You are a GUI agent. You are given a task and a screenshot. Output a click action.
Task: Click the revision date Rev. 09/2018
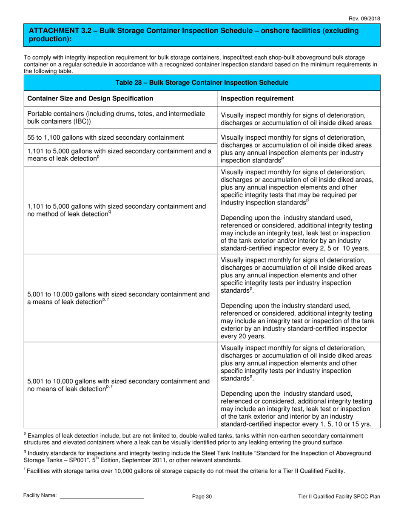pos(364,18)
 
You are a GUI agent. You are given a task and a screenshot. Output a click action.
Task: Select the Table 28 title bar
pos(202,83)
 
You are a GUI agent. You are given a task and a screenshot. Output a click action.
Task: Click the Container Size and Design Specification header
pos(90,98)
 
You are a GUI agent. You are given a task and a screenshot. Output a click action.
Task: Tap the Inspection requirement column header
pos(257,98)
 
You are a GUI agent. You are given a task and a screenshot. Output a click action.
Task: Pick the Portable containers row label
pos(116,117)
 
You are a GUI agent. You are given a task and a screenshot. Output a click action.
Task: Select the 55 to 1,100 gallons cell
pos(105,137)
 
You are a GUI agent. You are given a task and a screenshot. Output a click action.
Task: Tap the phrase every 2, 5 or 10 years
pos(339,248)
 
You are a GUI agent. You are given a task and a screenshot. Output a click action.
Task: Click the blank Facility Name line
pos(102,496)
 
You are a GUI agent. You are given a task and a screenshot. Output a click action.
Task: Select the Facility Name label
pos(40,496)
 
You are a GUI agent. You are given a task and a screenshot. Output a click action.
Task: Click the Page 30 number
pos(202,496)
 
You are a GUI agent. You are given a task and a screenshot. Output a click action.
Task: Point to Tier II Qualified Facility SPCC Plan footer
pos(339,496)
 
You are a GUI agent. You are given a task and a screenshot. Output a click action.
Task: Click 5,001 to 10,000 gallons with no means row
pos(118,385)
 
